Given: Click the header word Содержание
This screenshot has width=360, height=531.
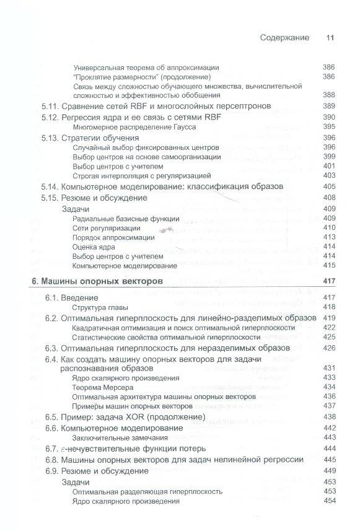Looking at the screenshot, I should click(x=284, y=37).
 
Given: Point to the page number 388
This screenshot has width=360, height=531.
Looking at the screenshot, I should click(x=328, y=95).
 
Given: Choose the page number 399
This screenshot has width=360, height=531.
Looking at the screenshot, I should click(x=328, y=157).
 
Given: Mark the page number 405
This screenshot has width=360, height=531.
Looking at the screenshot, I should click(x=328, y=187).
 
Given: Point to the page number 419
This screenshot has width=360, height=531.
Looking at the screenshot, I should click(x=328, y=317).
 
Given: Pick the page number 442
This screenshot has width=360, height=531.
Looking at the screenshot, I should click(x=328, y=428).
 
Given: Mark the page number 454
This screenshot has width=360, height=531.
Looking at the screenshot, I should click(x=328, y=501).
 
